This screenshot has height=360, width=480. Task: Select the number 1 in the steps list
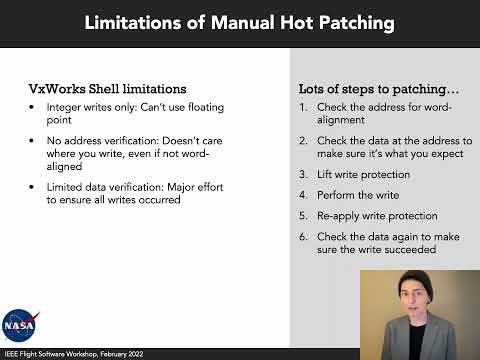coord(303,106)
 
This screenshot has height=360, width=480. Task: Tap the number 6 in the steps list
coord(303,237)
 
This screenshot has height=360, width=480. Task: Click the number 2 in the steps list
coord(303,141)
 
